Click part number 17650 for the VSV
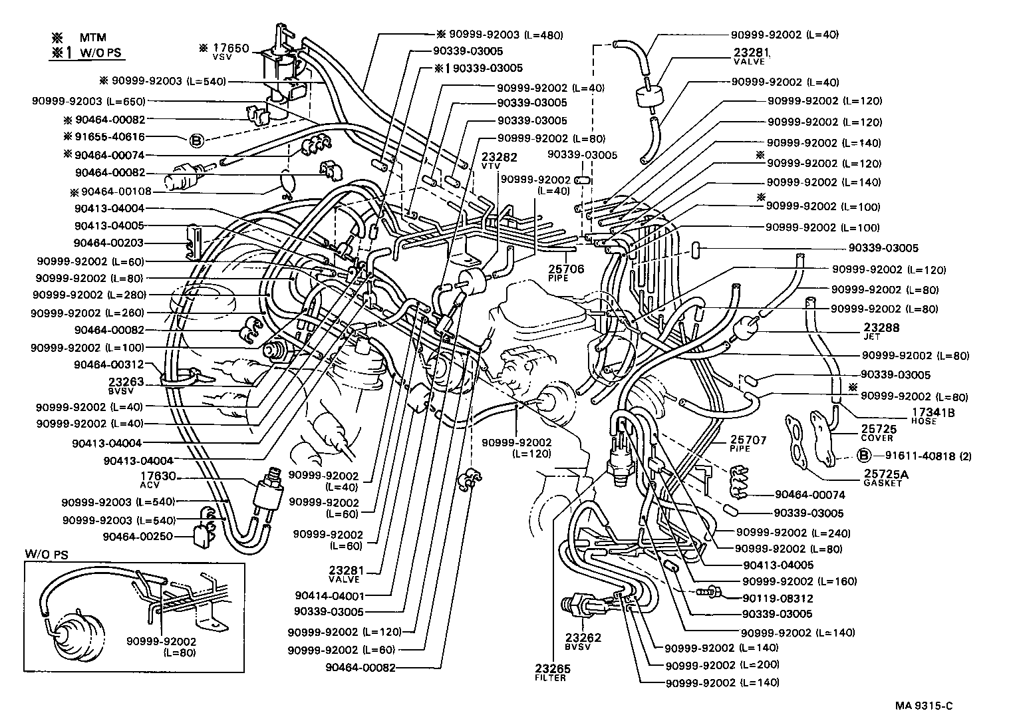coord(230,48)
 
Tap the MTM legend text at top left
coord(93,37)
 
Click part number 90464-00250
coord(138,536)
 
